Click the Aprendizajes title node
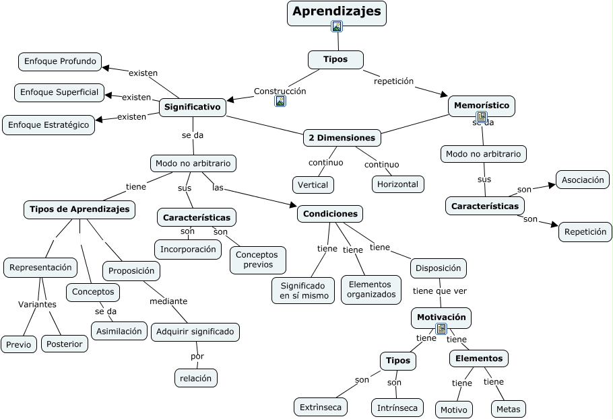click(336, 11)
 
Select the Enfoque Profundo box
click(60, 62)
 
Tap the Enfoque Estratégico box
click(48, 125)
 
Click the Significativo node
click(192, 107)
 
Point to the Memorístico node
click(482, 106)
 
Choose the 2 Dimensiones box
click(342, 138)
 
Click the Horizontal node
click(397, 184)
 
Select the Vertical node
click(313, 185)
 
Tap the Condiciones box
click(330, 214)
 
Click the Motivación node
click(441, 317)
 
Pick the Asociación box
click(583, 180)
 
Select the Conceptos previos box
click(257, 260)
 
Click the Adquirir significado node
click(195, 332)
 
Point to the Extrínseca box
click(321, 407)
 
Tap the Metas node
click(508, 409)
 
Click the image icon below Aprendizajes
click(337, 27)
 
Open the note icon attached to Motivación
click(441, 329)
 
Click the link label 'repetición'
click(393, 81)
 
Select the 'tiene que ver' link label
click(439, 291)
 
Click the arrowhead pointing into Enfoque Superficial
click(108, 95)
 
